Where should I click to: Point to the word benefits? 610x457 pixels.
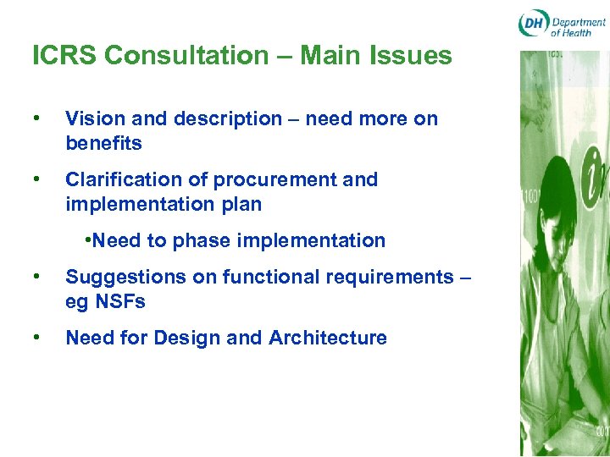[x=103, y=144]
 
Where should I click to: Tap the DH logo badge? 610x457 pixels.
[x=533, y=25]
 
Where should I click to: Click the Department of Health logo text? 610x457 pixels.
[x=578, y=25]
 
